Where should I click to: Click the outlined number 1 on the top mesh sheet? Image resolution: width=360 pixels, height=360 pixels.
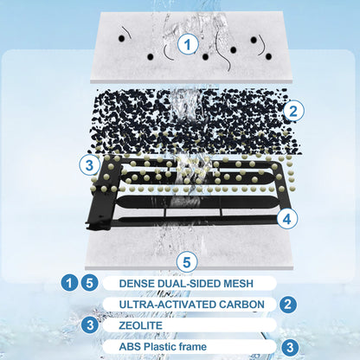coord(188,44)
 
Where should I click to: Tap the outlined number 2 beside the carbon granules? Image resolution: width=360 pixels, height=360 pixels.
coord(293,111)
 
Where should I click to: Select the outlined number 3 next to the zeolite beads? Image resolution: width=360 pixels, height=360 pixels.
coord(89,165)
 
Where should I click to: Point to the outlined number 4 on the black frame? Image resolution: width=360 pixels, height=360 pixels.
coord(287,219)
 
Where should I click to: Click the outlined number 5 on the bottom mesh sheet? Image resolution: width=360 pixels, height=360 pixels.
coord(187,262)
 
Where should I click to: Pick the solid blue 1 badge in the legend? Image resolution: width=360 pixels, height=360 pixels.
coord(69,283)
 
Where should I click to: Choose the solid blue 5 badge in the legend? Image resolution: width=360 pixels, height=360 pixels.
coord(89,283)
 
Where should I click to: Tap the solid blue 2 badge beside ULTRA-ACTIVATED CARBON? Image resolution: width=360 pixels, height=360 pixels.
coord(287,305)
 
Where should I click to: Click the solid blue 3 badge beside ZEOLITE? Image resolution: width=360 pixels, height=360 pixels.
coord(90,325)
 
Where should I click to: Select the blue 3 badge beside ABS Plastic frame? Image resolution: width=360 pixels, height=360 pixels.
coord(290,347)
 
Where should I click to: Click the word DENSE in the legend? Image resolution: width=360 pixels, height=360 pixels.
coord(137,283)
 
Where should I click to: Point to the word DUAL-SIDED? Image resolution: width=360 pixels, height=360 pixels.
coord(186,283)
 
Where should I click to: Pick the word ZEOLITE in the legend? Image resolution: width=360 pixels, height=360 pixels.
coord(141,325)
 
